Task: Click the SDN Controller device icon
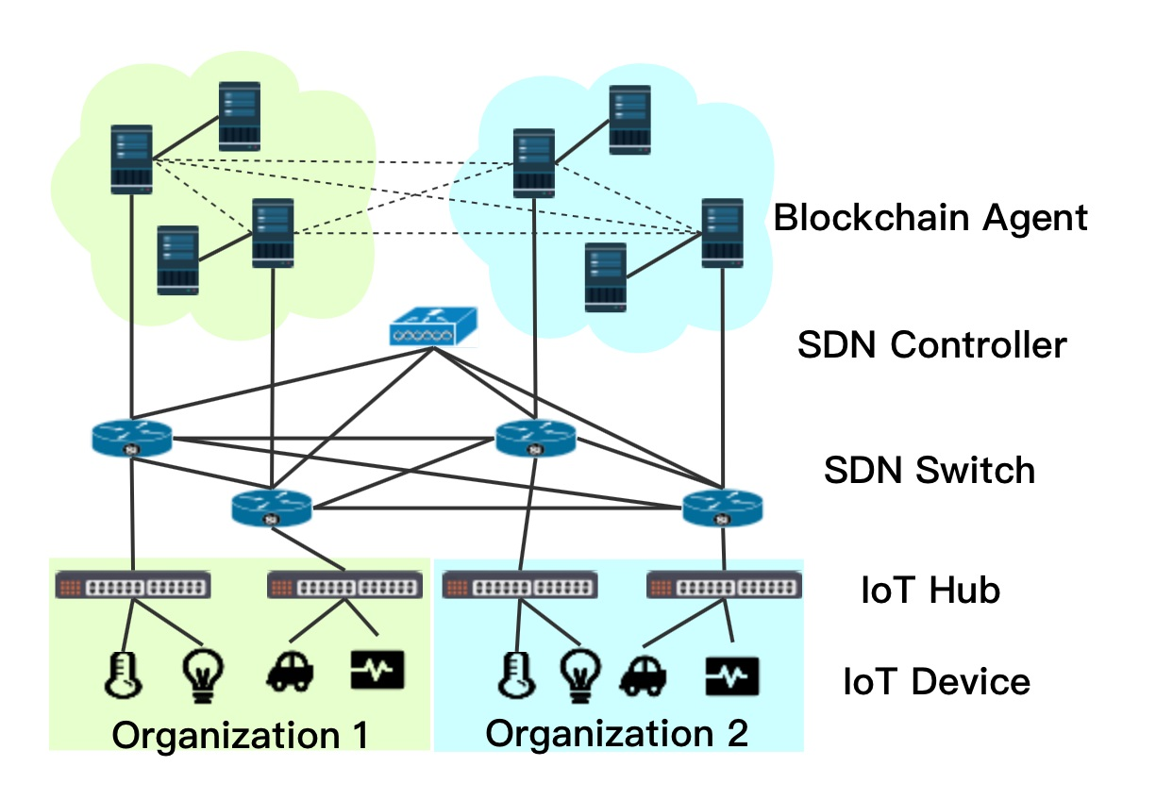click(x=433, y=326)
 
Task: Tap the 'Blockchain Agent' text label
click(x=930, y=218)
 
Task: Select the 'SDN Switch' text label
click(x=929, y=469)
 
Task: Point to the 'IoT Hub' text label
click(x=930, y=591)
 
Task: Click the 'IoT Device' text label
click(x=936, y=680)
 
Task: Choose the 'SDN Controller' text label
click(x=931, y=344)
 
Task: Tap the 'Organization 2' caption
click(x=617, y=732)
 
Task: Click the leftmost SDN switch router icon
click(x=132, y=438)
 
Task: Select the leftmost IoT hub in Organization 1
click(x=133, y=586)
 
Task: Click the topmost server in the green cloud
click(x=240, y=116)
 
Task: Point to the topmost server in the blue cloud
click(x=629, y=120)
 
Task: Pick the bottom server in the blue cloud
click(x=605, y=277)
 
